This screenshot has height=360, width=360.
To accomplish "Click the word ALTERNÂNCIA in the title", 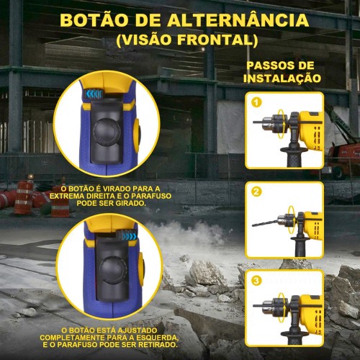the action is (238, 20).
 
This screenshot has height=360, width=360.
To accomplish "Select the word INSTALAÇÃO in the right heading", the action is (282, 78).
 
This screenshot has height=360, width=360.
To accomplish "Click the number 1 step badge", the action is (256, 103).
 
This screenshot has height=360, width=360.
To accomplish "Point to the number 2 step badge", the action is (256, 192).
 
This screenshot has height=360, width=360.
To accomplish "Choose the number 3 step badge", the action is (256, 281).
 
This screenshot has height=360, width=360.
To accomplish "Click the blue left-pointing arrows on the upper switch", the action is (94, 94).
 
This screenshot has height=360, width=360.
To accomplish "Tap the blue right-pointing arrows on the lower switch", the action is (128, 236).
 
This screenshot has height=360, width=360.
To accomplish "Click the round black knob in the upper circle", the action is (107, 132).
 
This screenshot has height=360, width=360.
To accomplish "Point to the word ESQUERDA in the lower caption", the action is (158, 338).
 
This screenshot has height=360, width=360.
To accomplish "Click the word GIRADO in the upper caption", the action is (130, 204).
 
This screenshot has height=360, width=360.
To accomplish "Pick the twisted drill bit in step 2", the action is (264, 222).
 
